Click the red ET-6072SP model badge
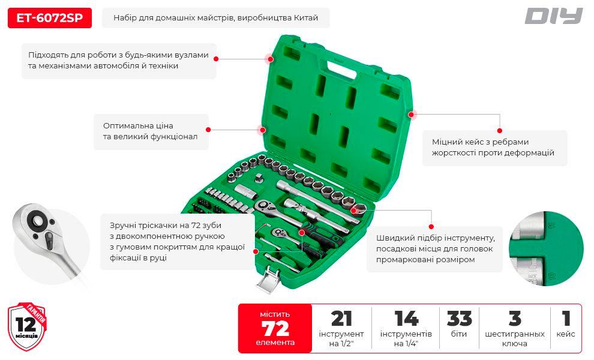click(50, 18)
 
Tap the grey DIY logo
click(553, 16)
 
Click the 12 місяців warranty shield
click(26, 326)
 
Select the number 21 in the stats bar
click(341, 319)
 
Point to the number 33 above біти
click(459, 319)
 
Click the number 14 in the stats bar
click(406, 319)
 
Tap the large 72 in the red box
click(275, 328)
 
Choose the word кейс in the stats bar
click(566, 334)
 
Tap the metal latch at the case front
click(268, 278)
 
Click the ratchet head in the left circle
click(39, 224)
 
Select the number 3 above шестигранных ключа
click(514, 319)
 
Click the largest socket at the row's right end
click(359, 209)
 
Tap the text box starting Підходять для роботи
click(118, 60)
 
